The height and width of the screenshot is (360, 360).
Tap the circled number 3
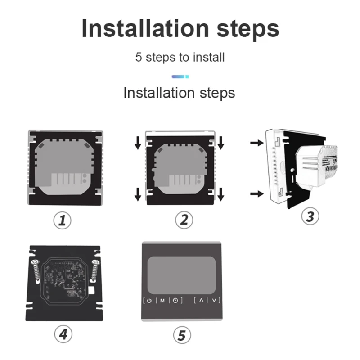coord(310,216)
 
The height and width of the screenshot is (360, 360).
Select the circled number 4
coord(63,334)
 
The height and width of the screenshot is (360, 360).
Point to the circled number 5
coord(182,335)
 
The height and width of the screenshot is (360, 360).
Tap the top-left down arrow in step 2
coord(138,143)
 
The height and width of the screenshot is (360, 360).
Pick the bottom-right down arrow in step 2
coord(221,194)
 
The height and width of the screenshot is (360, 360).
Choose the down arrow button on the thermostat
coord(214,300)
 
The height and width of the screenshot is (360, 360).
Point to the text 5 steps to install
coord(180,58)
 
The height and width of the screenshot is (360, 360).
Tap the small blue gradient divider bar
coord(180,77)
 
